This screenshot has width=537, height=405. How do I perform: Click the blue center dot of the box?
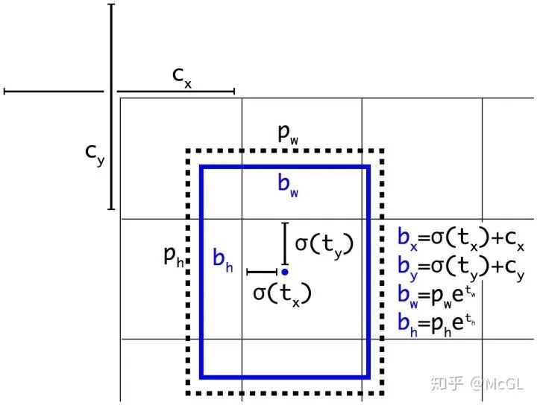(285, 272)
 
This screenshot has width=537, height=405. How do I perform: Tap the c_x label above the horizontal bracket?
(182, 77)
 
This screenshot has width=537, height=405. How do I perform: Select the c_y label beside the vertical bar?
(95, 155)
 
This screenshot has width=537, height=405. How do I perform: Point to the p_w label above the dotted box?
(288, 133)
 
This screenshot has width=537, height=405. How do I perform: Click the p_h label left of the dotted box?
(174, 256)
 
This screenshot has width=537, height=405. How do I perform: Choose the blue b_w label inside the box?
(288, 185)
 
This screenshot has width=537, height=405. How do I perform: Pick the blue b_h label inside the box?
(223, 260)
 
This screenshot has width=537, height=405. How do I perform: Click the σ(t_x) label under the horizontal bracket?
(282, 295)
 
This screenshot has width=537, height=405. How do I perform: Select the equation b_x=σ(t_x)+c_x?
(461, 238)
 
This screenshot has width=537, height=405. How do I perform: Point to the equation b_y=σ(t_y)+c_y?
(461, 267)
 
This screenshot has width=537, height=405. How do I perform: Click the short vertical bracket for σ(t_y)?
(285, 243)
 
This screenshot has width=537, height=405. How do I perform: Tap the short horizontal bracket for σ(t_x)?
(262, 272)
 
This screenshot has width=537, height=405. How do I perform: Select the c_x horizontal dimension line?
(176, 92)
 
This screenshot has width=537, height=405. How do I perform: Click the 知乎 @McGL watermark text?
(477, 383)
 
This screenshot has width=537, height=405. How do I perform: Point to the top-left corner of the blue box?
(201, 167)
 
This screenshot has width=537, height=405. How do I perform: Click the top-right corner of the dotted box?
(382, 150)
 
